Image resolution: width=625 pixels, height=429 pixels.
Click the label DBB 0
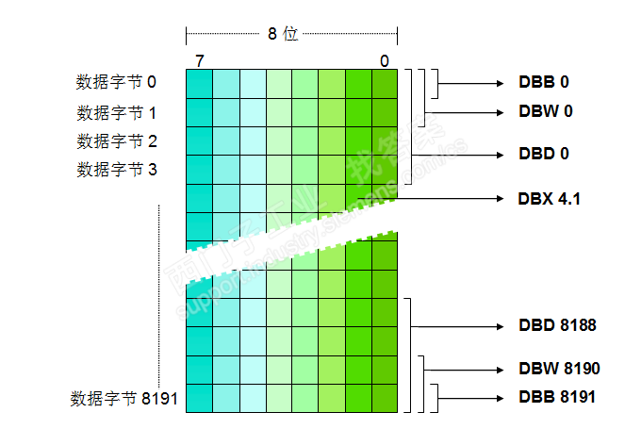click(x=544, y=82)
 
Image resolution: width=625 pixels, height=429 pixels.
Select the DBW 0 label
click(x=545, y=110)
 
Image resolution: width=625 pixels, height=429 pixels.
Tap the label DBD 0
click(x=544, y=153)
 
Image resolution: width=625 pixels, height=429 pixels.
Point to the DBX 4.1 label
click(x=550, y=199)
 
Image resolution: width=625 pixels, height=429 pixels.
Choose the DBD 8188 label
click(x=557, y=325)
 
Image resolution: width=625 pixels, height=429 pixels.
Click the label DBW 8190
click(x=558, y=368)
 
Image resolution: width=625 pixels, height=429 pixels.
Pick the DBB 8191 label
click(x=556, y=397)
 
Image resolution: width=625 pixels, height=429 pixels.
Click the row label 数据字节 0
click(x=116, y=83)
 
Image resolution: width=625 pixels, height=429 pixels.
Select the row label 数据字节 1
click(x=116, y=113)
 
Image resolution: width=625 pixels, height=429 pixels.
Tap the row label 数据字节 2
click(x=116, y=141)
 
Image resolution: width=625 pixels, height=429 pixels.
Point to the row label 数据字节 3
click(x=116, y=170)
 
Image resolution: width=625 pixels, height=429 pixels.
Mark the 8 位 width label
click(x=282, y=33)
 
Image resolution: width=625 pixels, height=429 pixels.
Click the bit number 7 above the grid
click(x=199, y=61)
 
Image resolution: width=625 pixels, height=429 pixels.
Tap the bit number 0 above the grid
click(x=384, y=61)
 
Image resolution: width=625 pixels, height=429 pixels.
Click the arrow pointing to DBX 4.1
click(x=452, y=199)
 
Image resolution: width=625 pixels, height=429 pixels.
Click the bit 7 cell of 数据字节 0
click(x=199, y=84)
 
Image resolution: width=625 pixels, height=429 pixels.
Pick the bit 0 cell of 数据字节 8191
click(x=385, y=399)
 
